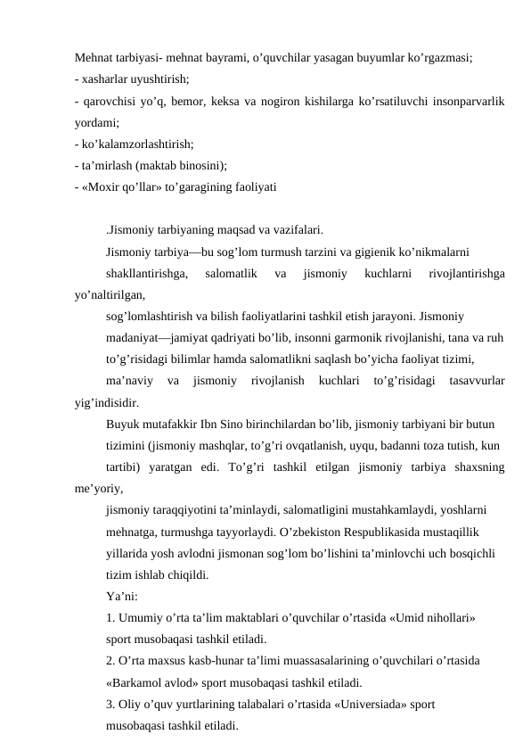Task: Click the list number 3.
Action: coord(109,703)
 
